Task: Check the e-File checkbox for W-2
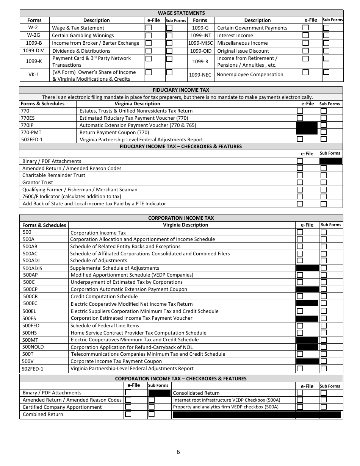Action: coord(149,28)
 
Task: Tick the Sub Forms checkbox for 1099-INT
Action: coord(326,35)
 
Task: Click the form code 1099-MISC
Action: coord(200,43)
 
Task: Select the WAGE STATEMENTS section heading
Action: coord(181,13)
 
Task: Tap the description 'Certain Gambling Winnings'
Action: coord(83,36)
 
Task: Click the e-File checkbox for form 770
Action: coord(300,111)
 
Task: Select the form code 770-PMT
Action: coord(30,132)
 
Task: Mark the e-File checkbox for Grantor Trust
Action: coord(300,183)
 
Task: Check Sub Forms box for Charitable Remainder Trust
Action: coord(323,175)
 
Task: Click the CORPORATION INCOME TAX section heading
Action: coord(181,218)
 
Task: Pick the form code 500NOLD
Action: coord(33,347)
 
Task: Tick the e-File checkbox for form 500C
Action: coord(300,282)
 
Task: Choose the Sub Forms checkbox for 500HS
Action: coord(324,333)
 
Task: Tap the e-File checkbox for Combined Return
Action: coord(128,414)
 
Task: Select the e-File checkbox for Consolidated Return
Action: coord(300,393)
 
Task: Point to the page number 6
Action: coord(178,452)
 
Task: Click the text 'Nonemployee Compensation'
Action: coord(250,75)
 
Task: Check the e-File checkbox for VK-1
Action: coord(149,72)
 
